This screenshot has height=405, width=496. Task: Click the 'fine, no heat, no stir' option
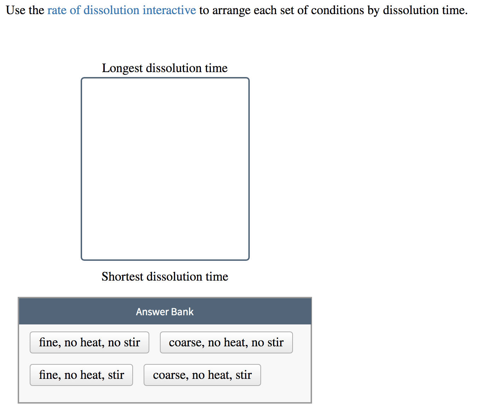pyautogui.click(x=89, y=342)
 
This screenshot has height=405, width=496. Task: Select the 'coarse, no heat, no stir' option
pyautogui.click(x=226, y=342)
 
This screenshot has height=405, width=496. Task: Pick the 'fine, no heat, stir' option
pyautogui.click(x=81, y=375)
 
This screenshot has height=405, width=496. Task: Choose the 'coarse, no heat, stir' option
pyautogui.click(x=202, y=375)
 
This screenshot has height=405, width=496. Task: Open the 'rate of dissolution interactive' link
pyautogui.click(x=121, y=10)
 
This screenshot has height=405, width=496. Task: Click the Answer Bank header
pyautogui.click(x=165, y=312)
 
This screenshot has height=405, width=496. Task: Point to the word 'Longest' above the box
pyautogui.click(x=122, y=68)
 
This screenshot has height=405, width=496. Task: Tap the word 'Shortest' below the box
pyautogui.click(x=122, y=276)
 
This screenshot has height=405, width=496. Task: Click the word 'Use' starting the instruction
pyautogui.click(x=16, y=10)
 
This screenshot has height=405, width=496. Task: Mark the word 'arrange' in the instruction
pyautogui.click(x=231, y=10)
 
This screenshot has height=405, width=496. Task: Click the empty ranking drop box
pyautogui.click(x=165, y=169)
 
